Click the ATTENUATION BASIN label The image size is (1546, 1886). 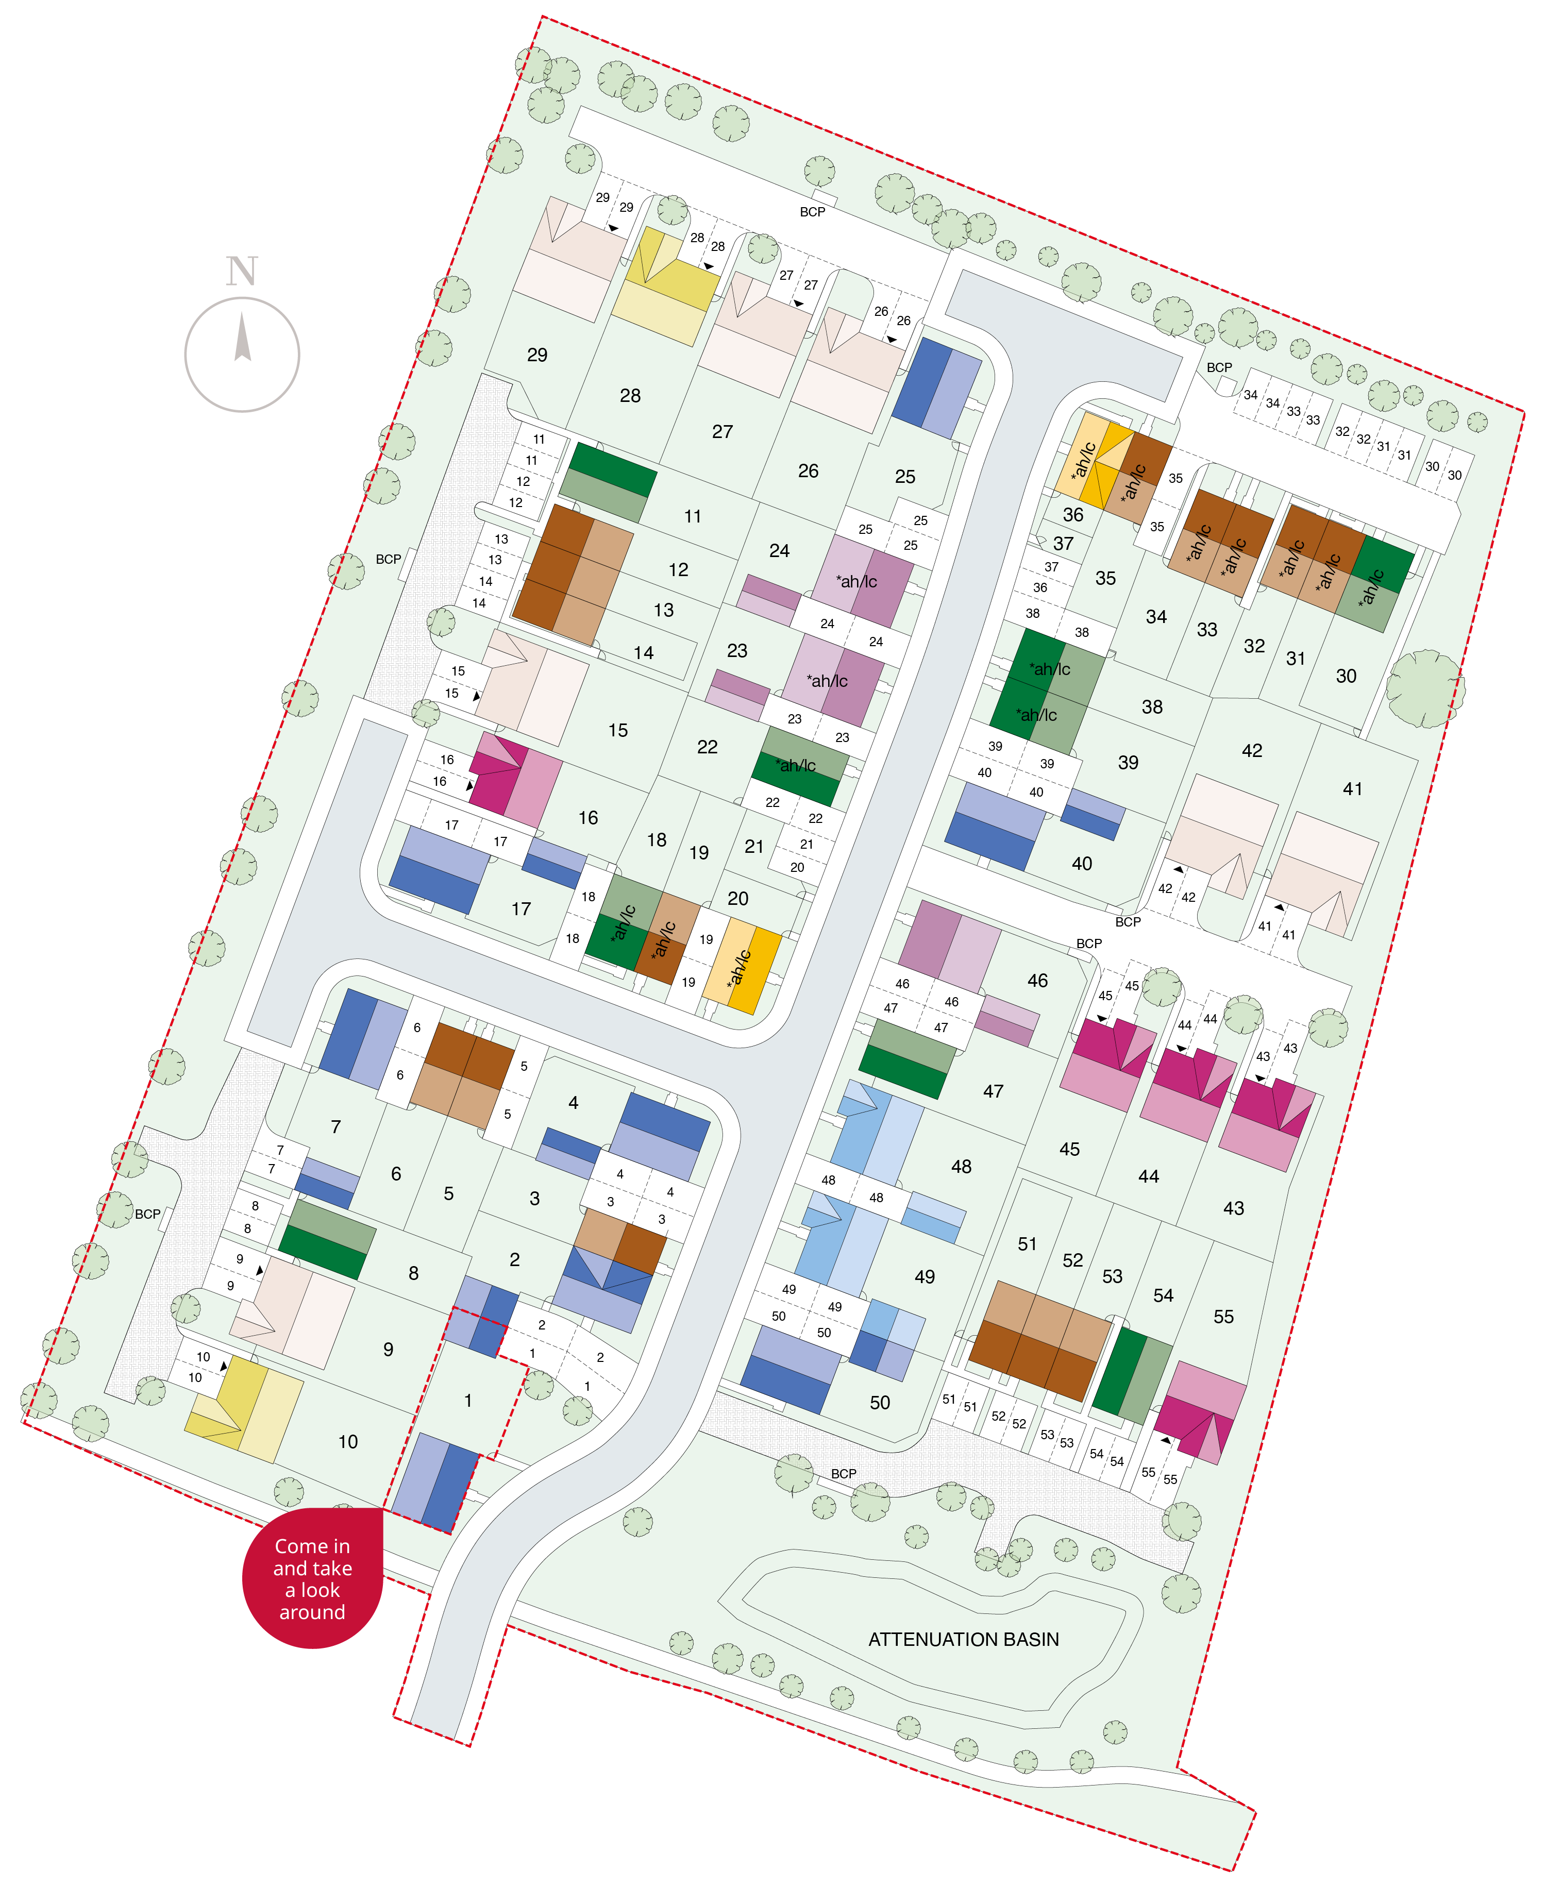pyautogui.click(x=964, y=1639)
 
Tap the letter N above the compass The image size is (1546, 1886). pyautogui.click(x=241, y=271)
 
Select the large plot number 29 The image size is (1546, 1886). pyautogui.click(x=537, y=355)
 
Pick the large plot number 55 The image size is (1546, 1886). pyautogui.click(x=1223, y=1316)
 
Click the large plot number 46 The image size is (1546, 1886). pyautogui.click(x=1037, y=981)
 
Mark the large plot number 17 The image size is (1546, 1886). pyautogui.click(x=521, y=909)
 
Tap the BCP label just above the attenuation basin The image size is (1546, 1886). pyautogui.click(x=844, y=1474)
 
